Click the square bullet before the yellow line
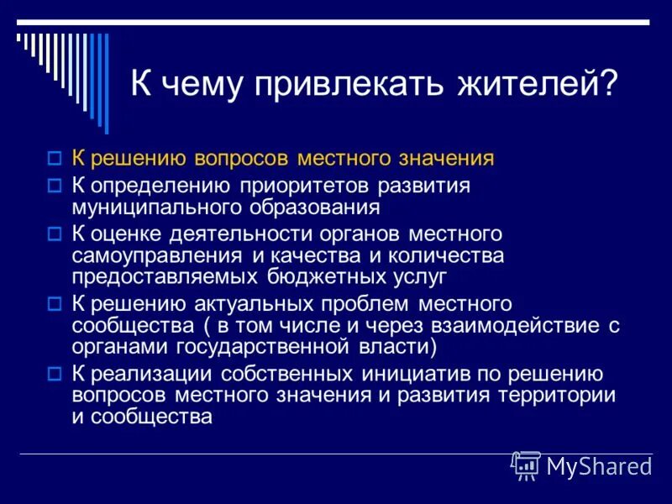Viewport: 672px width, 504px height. tap(55, 158)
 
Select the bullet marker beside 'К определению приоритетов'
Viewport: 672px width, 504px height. tap(55, 186)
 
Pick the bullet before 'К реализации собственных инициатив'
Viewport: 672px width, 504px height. tap(55, 373)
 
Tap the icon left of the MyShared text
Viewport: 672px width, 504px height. tap(525, 465)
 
